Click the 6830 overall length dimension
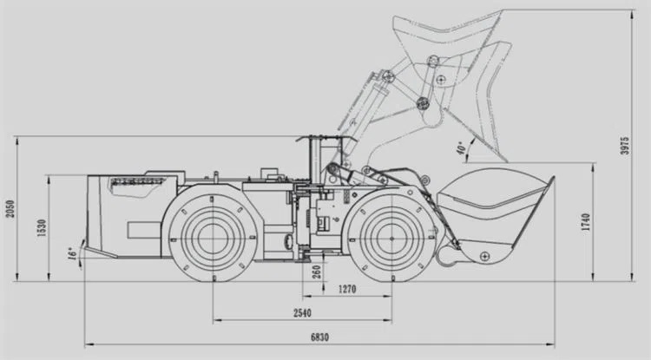click(x=319, y=337)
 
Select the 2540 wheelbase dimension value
click(x=302, y=313)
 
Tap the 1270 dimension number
click(x=347, y=289)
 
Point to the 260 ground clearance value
click(x=316, y=272)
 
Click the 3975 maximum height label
click(x=624, y=146)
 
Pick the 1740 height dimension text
click(x=585, y=222)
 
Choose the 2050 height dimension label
click(x=10, y=208)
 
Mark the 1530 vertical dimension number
click(x=42, y=227)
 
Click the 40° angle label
click(x=461, y=148)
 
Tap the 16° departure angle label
click(x=72, y=254)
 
